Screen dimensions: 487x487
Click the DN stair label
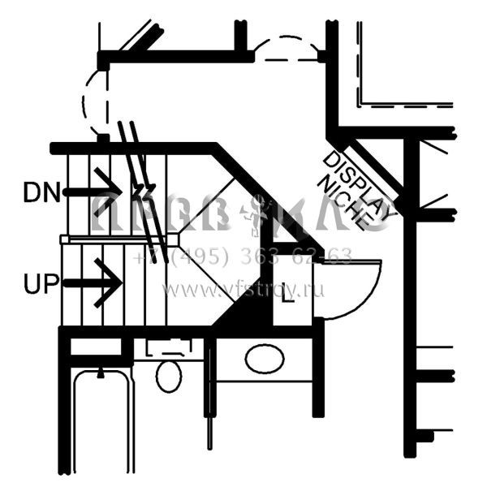click(41, 192)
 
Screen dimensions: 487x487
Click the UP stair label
click(41, 284)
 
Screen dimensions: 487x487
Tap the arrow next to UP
click(93, 282)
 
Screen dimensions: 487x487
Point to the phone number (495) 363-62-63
click(243, 258)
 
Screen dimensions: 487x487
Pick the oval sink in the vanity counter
click(264, 359)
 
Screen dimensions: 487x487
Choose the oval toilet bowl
click(168, 377)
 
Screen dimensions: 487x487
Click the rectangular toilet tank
click(169, 348)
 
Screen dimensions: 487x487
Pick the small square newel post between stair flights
click(172, 239)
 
